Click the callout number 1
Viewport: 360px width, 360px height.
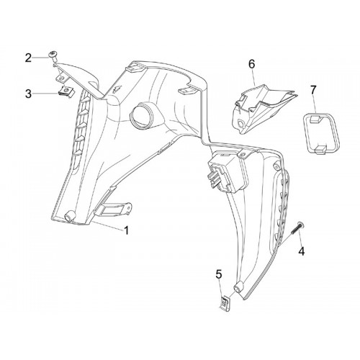[127, 230]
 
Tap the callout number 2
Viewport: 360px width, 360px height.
[28, 58]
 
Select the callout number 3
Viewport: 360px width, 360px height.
[28, 94]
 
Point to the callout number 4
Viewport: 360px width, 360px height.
[302, 251]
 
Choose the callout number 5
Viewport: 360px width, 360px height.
[219, 274]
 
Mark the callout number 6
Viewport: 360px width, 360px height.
[252, 64]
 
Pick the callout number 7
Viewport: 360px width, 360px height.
[313, 91]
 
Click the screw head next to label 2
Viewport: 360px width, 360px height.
[52, 55]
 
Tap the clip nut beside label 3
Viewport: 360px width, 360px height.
[66, 91]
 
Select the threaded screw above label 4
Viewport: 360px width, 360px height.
[296, 228]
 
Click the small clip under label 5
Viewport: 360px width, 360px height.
[225, 303]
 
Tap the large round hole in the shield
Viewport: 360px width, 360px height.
[141, 114]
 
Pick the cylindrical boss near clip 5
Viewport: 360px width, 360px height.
[239, 286]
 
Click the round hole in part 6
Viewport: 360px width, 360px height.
[240, 123]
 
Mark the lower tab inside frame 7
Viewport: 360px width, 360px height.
[320, 149]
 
